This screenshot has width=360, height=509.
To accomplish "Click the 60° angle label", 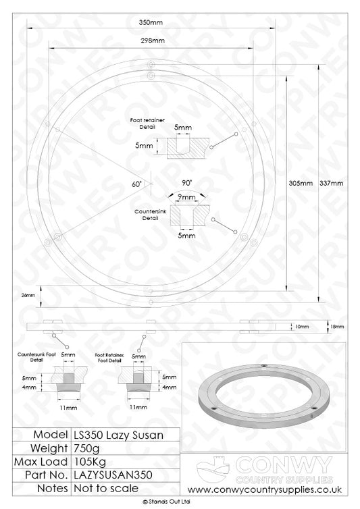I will [138, 183].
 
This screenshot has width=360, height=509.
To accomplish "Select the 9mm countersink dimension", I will [187, 196].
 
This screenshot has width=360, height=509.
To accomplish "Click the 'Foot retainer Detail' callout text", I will [143, 123].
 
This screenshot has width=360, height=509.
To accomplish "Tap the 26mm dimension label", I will [27, 295].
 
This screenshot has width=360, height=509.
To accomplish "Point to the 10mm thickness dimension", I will [303, 327].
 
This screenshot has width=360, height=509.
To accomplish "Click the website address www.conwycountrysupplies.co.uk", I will [267, 489].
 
